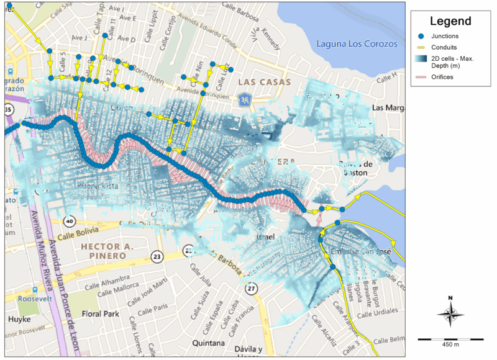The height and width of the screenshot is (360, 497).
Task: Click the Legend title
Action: tap(450, 21)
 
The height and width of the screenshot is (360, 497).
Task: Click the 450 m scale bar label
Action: tap(450, 344)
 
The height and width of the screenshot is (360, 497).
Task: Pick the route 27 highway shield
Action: tap(251, 288)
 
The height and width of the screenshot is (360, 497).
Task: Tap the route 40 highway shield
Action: tap(69, 221)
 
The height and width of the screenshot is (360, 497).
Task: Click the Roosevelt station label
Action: tap(28, 297)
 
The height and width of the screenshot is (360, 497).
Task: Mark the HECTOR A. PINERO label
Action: tap(107, 251)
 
